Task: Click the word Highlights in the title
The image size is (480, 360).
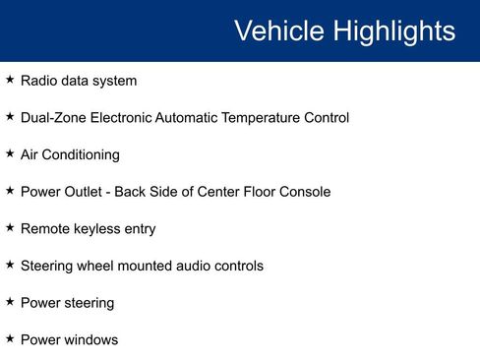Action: click(x=394, y=31)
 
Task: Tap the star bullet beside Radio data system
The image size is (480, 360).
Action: click(x=10, y=80)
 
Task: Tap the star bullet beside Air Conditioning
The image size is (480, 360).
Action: click(x=10, y=153)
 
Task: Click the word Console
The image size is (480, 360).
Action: click(x=303, y=192)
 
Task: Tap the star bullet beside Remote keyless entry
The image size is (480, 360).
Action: click(x=10, y=227)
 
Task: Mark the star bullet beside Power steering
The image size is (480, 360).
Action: click(x=10, y=301)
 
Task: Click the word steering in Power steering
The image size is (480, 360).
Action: click(x=88, y=303)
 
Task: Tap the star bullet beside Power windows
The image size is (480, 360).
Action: click(x=10, y=338)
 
